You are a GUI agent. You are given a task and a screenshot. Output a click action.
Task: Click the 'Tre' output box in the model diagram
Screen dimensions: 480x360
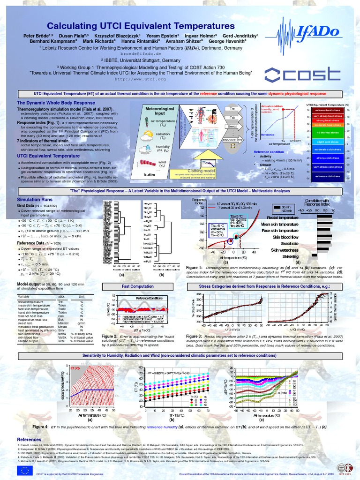[x=232, y=109]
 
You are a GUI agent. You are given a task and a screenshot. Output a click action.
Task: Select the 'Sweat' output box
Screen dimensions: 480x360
[x=232, y=127]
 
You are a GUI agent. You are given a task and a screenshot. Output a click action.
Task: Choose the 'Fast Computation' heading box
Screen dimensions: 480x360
[x=137, y=286]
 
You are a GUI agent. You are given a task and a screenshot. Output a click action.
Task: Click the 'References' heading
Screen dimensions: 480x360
[x=29, y=439]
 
